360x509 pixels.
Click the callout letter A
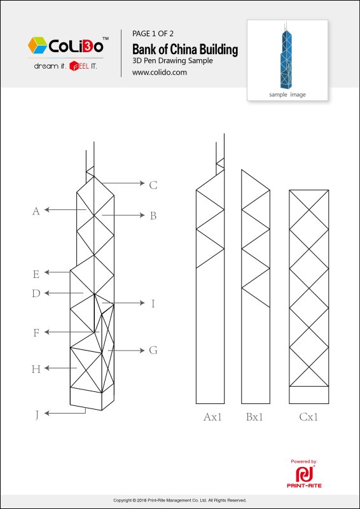pyautogui.click(x=36, y=211)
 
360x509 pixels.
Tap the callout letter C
pyautogui.click(x=153, y=185)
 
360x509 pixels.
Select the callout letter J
pyautogui.click(x=37, y=415)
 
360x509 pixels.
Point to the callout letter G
pyautogui.click(x=153, y=351)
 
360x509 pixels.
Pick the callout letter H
pyautogui.click(x=36, y=369)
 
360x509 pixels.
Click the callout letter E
pyautogui.click(x=36, y=275)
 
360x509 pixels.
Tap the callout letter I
pyautogui.click(x=153, y=304)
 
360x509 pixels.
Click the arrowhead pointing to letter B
pyautogui.click(x=142, y=215)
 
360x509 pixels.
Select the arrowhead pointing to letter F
pyautogui.click(x=46, y=332)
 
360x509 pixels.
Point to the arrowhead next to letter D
pyautogui.click(x=46, y=293)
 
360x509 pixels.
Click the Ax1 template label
pyautogui.click(x=212, y=417)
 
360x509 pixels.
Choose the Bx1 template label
pyautogui.click(x=254, y=417)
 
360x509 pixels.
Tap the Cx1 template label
pyautogui.click(x=308, y=417)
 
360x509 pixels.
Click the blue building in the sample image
pyautogui.click(x=286, y=56)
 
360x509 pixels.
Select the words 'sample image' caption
pyautogui.click(x=287, y=95)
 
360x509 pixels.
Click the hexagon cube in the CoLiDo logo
pyautogui.click(x=38, y=45)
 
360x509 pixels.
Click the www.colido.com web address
pyautogui.click(x=160, y=73)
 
